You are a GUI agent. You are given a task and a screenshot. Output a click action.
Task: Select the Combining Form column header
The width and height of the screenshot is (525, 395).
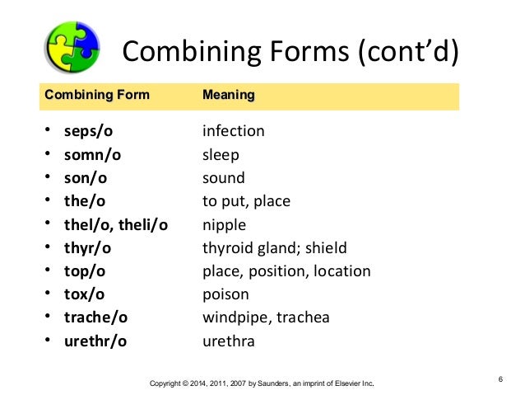[97, 96]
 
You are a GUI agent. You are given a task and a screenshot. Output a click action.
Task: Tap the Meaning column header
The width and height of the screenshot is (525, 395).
[228, 96]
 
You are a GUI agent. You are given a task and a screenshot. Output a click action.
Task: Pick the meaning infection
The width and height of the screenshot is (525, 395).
[234, 131]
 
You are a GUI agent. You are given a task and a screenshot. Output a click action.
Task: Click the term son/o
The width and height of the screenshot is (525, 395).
[86, 177]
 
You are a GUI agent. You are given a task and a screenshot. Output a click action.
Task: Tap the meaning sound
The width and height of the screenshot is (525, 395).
[224, 177]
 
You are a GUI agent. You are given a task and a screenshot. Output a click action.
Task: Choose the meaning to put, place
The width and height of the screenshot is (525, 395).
[246, 201]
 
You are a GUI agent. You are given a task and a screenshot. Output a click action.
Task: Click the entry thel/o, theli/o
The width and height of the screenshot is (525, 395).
[116, 224]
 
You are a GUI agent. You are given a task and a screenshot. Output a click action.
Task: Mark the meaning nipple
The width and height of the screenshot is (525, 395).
[224, 224]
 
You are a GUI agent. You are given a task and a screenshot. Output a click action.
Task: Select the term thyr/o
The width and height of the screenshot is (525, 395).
[89, 247]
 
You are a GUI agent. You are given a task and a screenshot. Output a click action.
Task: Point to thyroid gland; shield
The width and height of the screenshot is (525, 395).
[275, 247]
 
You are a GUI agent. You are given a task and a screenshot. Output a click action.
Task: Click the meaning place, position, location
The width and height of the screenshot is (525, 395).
[286, 271]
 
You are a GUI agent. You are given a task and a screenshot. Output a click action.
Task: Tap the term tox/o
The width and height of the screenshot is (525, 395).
[86, 294]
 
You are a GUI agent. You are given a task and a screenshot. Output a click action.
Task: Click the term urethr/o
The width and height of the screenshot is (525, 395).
[96, 341]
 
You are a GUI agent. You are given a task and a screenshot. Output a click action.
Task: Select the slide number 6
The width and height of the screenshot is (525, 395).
[499, 379]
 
